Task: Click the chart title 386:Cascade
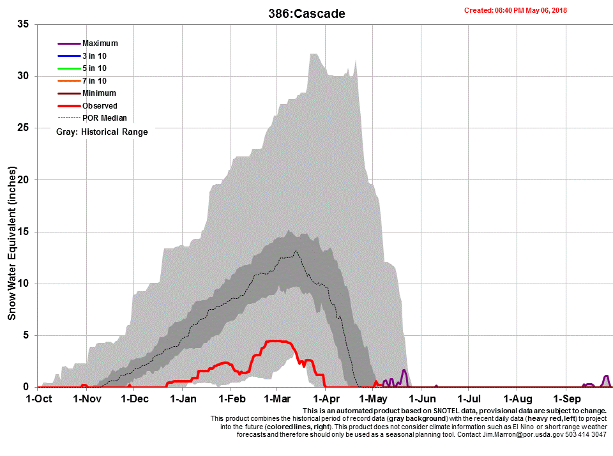coord(306,13)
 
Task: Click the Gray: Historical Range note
coord(102,132)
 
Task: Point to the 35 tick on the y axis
coord(24,24)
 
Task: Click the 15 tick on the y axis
coord(24,232)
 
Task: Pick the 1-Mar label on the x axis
coord(276,399)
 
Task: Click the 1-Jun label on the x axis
coord(420,399)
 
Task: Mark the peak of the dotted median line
coord(296,252)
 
